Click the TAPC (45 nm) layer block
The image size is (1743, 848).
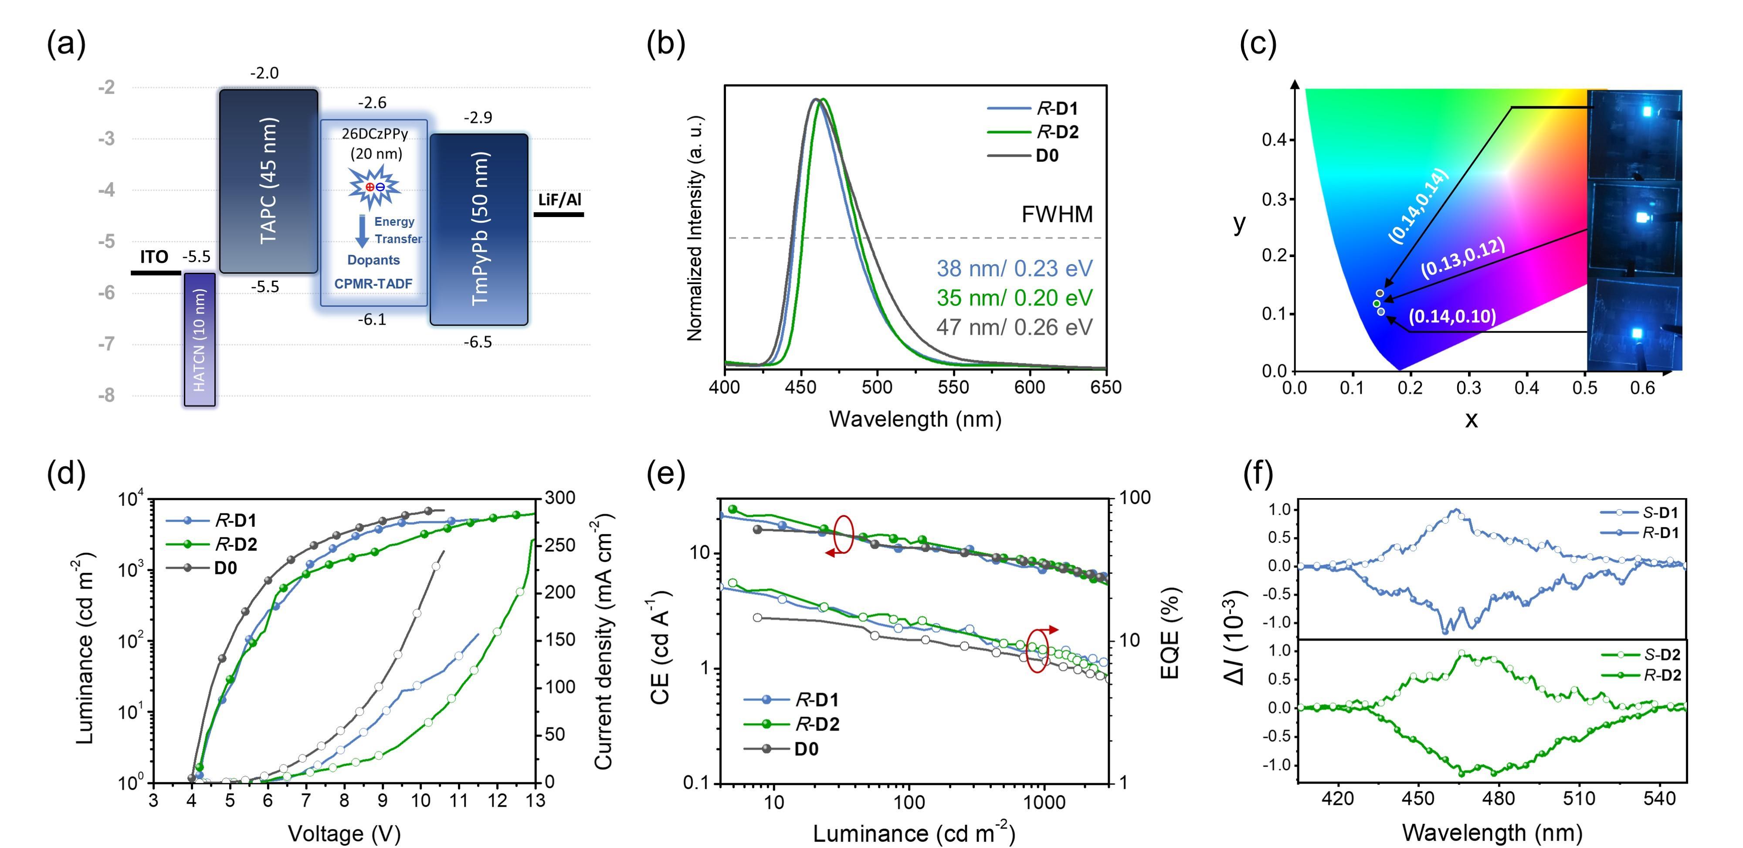coord(268,181)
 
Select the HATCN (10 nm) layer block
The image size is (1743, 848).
coord(200,339)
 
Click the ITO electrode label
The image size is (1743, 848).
coord(154,257)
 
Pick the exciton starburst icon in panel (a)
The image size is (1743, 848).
coord(374,187)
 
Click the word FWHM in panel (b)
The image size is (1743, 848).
coord(1057,214)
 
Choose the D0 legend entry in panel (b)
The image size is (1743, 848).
coord(1046,156)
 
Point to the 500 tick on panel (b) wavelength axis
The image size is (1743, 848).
coord(878,387)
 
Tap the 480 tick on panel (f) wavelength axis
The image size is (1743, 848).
coord(1499,799)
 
